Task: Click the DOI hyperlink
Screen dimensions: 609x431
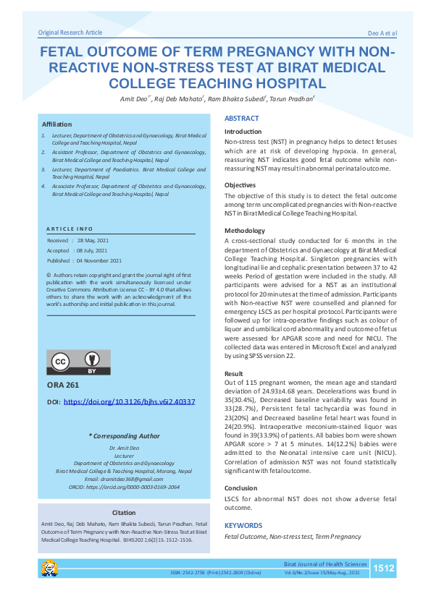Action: pos(130,401)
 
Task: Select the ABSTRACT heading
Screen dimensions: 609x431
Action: pos(241,118)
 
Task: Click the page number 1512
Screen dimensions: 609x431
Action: pos(383,569)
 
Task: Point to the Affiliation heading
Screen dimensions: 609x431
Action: pos(57,124)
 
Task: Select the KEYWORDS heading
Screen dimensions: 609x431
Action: pos(244,525)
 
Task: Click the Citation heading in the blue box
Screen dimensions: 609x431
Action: pos(123,513)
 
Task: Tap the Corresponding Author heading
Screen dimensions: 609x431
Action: pos(123,436)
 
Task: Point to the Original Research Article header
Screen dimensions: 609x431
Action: pos(70,33)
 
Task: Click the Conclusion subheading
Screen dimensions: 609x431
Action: pos(241,488)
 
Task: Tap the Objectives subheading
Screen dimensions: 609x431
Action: pos(240,185)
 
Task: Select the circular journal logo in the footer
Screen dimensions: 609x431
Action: pos(50,568)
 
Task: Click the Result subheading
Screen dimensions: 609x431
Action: pos(234,373)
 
